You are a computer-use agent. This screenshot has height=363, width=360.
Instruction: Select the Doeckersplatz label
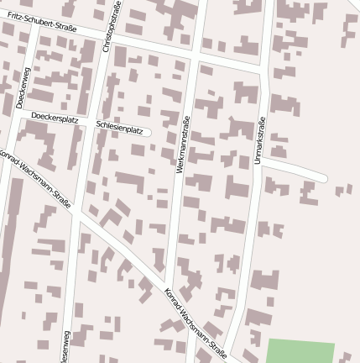54,119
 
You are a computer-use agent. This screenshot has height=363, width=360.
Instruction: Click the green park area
300,351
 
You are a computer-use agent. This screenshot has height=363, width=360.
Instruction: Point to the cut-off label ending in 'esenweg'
65,346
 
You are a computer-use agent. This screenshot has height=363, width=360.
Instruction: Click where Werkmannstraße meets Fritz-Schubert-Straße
196,55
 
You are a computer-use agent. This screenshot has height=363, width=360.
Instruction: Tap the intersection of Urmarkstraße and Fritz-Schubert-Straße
266,69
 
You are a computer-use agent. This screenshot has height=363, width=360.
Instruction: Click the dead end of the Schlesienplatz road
148,131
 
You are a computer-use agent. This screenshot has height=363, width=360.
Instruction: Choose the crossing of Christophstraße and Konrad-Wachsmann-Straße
77,215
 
